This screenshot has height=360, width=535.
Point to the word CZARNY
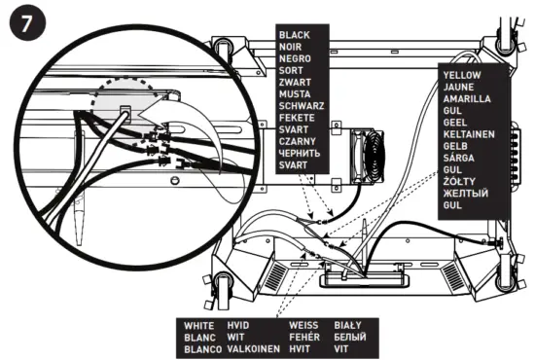[x=297, y=141]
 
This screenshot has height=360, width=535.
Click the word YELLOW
[x=463, y=75]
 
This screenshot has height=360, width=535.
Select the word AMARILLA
[x=468, y=99]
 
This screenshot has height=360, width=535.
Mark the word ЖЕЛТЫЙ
[x=465, y=194]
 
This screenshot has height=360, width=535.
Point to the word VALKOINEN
[x=251, y=348]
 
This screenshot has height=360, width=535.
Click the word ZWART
[x=294, y=82]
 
